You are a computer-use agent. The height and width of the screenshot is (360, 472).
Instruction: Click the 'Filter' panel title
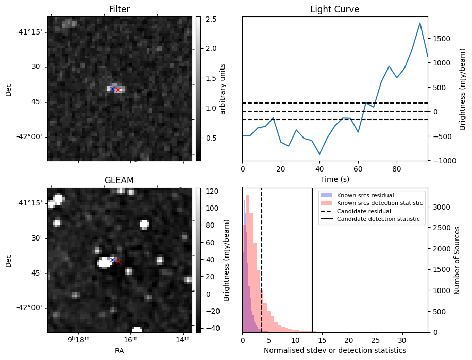[120, 9]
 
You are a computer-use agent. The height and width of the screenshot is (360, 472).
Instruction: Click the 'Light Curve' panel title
[334, 9]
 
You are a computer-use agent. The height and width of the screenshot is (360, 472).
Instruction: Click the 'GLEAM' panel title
[120, 180]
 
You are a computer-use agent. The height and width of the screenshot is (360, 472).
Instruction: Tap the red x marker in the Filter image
[118, 90]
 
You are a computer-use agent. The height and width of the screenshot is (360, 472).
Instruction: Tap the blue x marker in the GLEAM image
[112, 260]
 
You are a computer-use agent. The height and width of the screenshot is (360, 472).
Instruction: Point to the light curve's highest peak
[420, 23]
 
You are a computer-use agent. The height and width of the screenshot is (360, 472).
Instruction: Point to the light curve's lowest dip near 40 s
[319, 154]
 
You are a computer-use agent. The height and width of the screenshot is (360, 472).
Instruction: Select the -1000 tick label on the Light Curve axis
[441, 160]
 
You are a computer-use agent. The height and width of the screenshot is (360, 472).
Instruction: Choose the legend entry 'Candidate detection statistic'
[378, 220]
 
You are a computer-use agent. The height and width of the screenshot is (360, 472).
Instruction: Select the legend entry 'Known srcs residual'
[365, 195]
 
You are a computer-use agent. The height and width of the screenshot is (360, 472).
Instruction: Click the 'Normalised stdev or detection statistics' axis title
[334, 350]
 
